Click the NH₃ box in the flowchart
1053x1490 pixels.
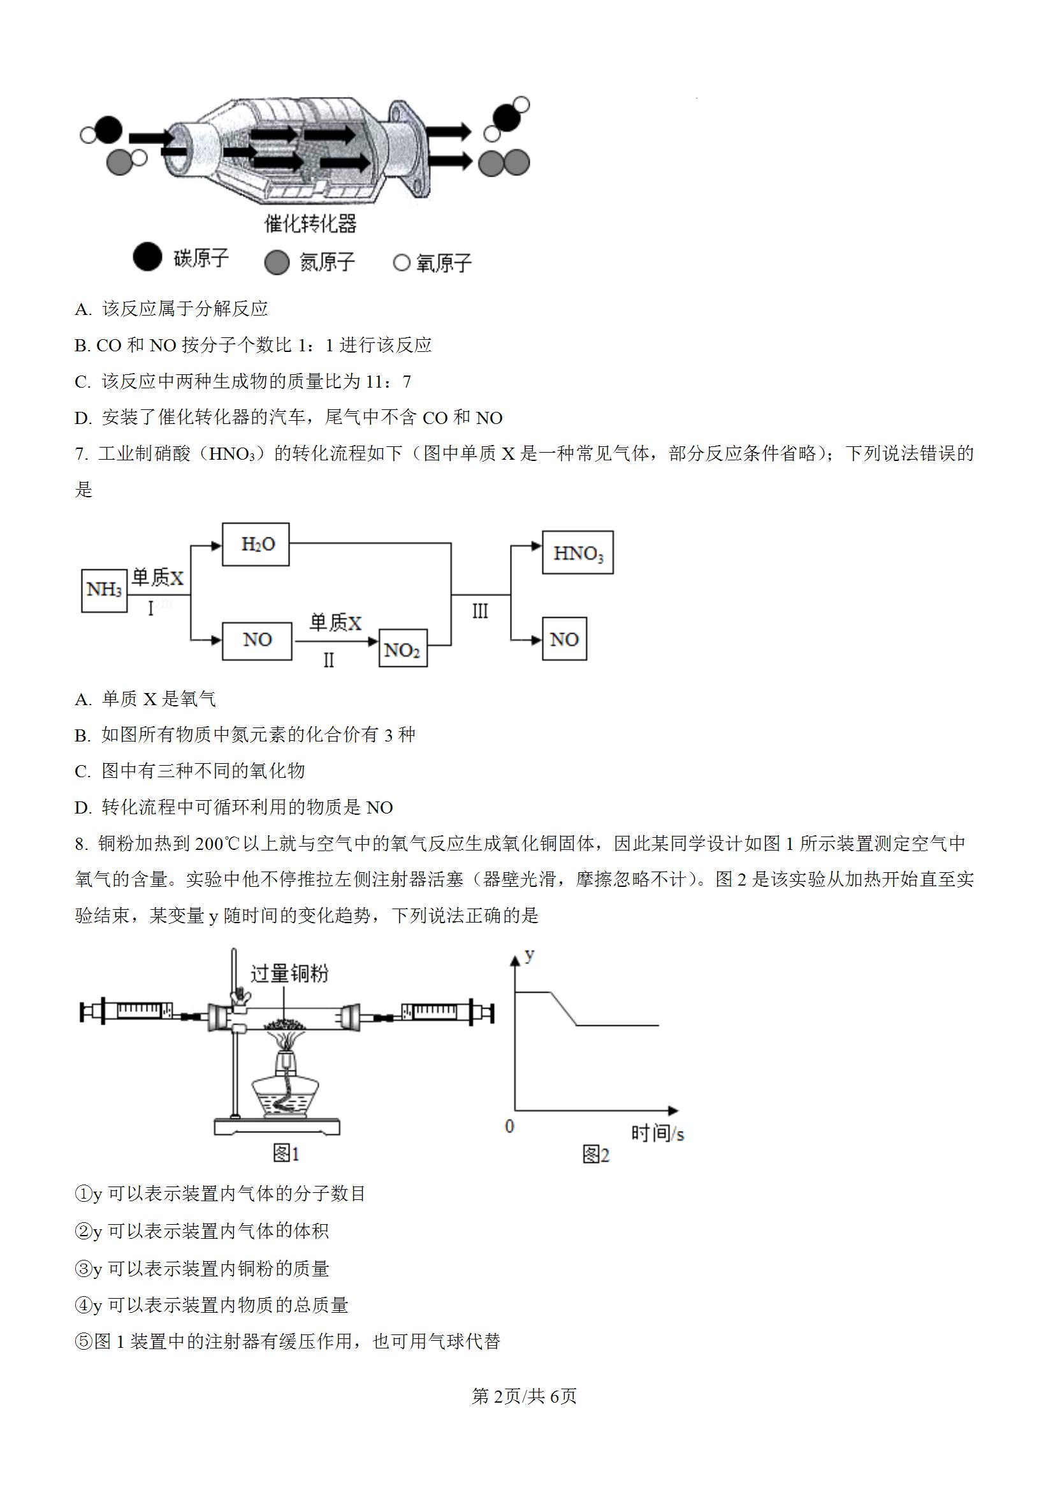click(104, 590)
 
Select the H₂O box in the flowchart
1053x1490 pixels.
click(256, 544)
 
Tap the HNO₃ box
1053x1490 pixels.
click(577, 552)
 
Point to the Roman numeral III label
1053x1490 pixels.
click(480, 611)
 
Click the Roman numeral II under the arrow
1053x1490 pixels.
click(329, 660)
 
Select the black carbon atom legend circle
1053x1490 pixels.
click(147, 257)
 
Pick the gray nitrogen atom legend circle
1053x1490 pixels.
click(277, 262)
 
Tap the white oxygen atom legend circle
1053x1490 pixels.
click(402, 263)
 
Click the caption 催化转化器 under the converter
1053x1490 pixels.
click(310, 224)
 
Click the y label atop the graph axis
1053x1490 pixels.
click(530, 954)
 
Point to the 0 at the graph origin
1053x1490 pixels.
click(509, 1126)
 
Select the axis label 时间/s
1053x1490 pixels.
click(657, 1133)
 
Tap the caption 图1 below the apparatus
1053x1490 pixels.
click(286, 1153)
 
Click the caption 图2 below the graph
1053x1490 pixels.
click(595, 1155)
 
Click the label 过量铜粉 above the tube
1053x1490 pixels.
click(289, 974)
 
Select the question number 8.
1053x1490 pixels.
click(81, 844)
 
